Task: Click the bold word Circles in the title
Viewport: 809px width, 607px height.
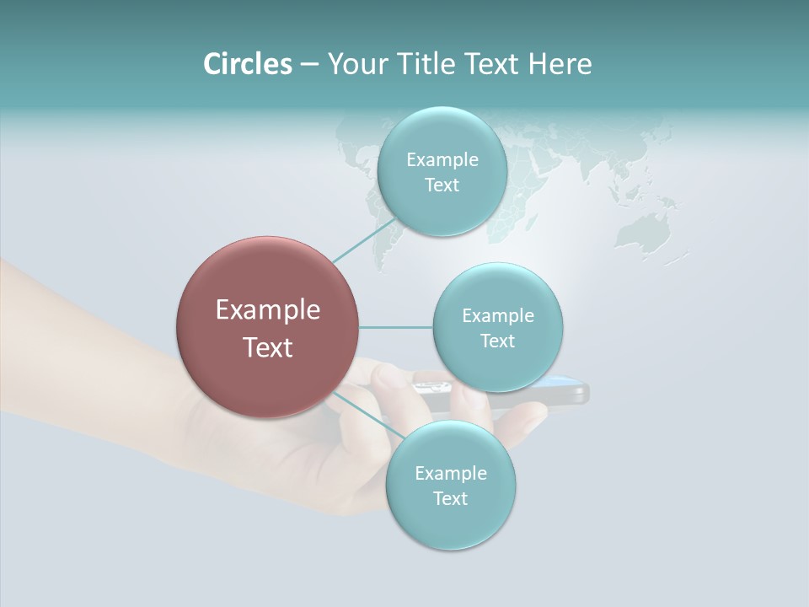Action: tap(247, 64)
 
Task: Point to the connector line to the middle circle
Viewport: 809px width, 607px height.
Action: tap(395, 327)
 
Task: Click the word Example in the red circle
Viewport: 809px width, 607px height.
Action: tap(267, 310)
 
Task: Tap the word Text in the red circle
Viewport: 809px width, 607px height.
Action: tap(267, 347)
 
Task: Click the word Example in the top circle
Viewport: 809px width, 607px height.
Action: tap(442, 160)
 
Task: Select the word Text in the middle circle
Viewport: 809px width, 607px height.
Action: tap(497, 341)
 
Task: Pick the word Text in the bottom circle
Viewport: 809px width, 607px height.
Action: tap(450, 498)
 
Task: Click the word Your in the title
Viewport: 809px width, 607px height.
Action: tap(355, 64)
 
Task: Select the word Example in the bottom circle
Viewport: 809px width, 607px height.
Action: tap(450, 473)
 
